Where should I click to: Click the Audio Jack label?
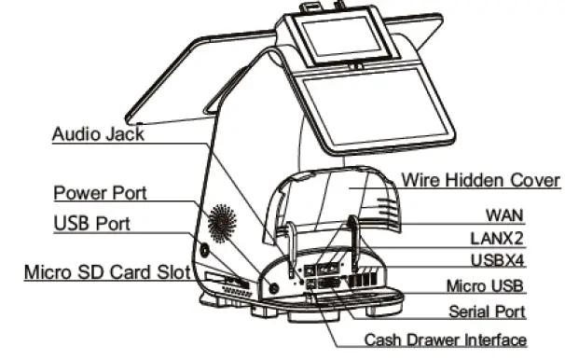(98, 133)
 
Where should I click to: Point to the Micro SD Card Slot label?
(106, 272)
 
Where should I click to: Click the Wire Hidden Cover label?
(480, 179)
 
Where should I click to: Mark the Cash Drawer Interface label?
(445, 339)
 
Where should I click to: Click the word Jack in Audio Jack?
(125, 133)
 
